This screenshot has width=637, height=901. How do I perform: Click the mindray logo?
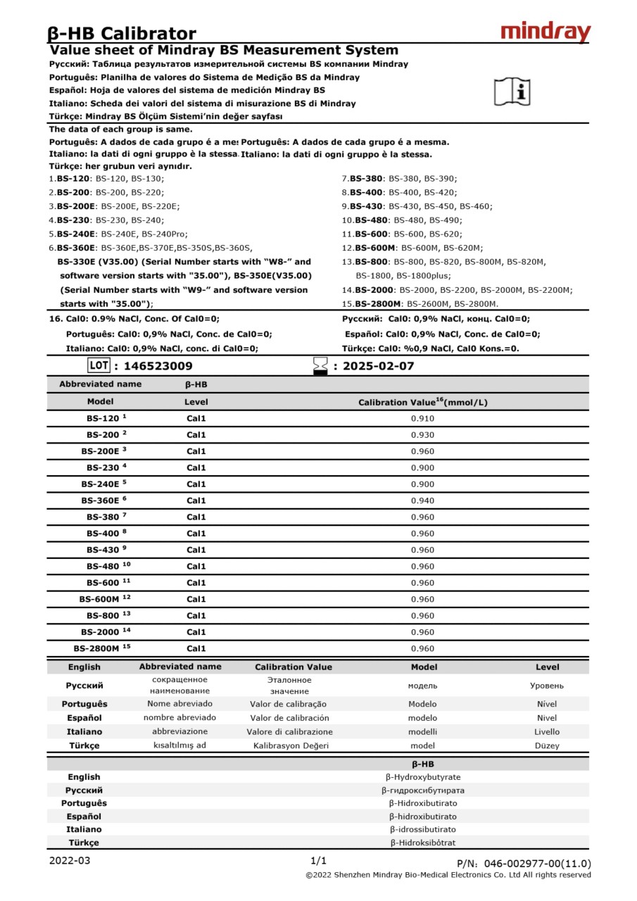point(545,32)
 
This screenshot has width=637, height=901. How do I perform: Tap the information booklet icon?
point(512,92)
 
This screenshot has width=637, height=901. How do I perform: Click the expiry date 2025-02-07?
point(378,366)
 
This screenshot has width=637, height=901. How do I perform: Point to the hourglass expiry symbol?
point(321,366)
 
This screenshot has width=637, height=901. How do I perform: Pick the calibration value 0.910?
point(422,419)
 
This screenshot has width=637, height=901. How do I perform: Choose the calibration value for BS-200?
point(422,435)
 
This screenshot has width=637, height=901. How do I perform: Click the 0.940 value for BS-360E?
point(422,500)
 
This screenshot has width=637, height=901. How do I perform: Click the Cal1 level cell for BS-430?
point(196,550)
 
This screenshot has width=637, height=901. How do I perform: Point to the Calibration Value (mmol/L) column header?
point(422,402)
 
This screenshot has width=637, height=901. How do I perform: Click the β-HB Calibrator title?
point(122,33)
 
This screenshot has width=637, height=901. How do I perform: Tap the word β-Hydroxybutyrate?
point(422,777)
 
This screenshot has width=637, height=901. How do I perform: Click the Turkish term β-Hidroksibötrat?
point(422,843)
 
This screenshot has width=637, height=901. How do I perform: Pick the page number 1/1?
point(318,860)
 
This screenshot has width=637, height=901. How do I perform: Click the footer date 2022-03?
point(69,860)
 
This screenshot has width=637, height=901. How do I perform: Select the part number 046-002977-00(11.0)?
point(538,864)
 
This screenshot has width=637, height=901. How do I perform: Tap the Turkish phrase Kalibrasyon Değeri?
point(291,745)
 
